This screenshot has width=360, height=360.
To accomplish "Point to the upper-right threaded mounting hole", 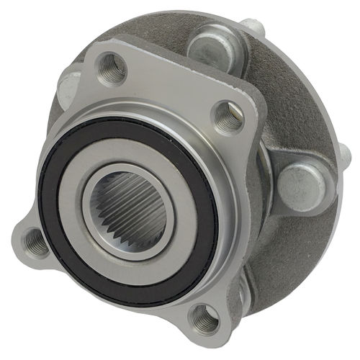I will [x=228, y=118].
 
